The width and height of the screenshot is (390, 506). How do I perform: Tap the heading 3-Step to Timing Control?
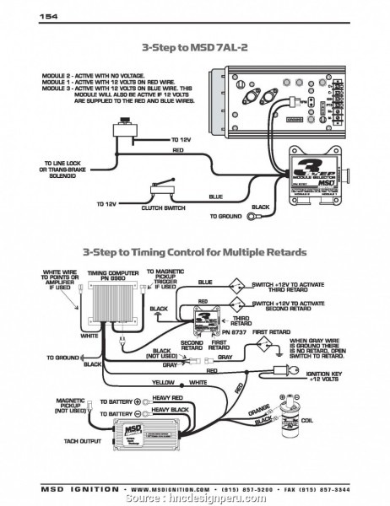[195, 251]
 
